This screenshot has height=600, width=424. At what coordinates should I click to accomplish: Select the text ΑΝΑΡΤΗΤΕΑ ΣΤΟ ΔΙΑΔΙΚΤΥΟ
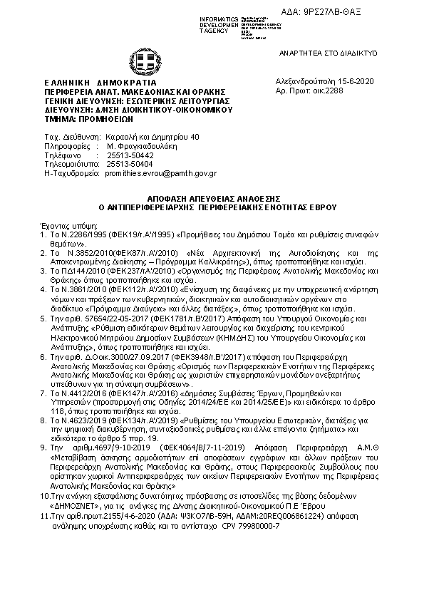pyautogui.click(x=348, y=53)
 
